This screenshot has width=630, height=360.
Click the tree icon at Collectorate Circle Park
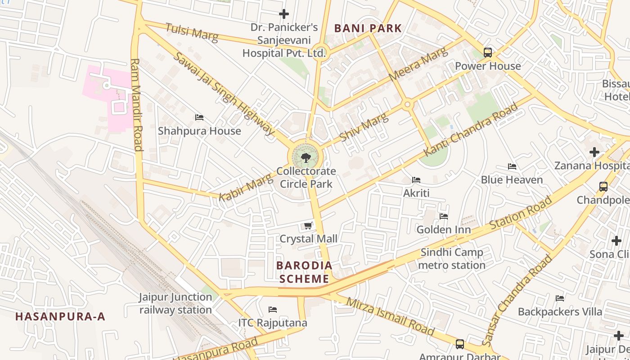(306, 157)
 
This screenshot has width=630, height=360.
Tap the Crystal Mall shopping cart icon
(308, 225)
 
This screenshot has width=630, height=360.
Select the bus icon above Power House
(488, 52)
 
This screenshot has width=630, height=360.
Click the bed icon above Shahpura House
(199, 117)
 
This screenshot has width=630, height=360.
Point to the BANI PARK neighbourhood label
(368, 28)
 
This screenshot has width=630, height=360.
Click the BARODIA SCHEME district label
(304, 272)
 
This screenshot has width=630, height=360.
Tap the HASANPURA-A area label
(60, 316)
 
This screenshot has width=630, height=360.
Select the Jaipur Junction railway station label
(175, 303)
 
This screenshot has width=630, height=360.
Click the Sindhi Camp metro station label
(452, 259)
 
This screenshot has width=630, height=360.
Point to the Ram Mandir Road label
(136, 104)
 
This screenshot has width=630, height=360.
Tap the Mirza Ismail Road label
(390, 316)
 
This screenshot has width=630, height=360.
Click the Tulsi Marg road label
(192, 32)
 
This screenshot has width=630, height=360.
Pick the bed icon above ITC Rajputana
(272, 310)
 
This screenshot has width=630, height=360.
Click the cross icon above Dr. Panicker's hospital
(284, 14)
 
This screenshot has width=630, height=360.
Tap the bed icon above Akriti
(416, 180)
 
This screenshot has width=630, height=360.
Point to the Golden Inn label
(444, 229)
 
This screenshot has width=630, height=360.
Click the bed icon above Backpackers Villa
(560, 298)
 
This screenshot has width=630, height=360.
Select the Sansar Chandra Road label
(517, 301)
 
